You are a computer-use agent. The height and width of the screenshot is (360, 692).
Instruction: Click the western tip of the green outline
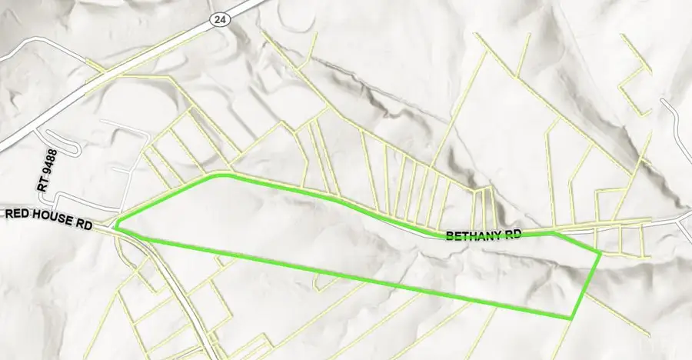coord(115,227)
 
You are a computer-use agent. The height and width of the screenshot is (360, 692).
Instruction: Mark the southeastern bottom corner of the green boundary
coord(571,318)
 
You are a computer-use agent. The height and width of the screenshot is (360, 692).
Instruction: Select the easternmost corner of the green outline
coord(600,252)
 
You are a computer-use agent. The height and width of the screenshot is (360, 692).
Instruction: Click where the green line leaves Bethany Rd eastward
coord(554,231)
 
